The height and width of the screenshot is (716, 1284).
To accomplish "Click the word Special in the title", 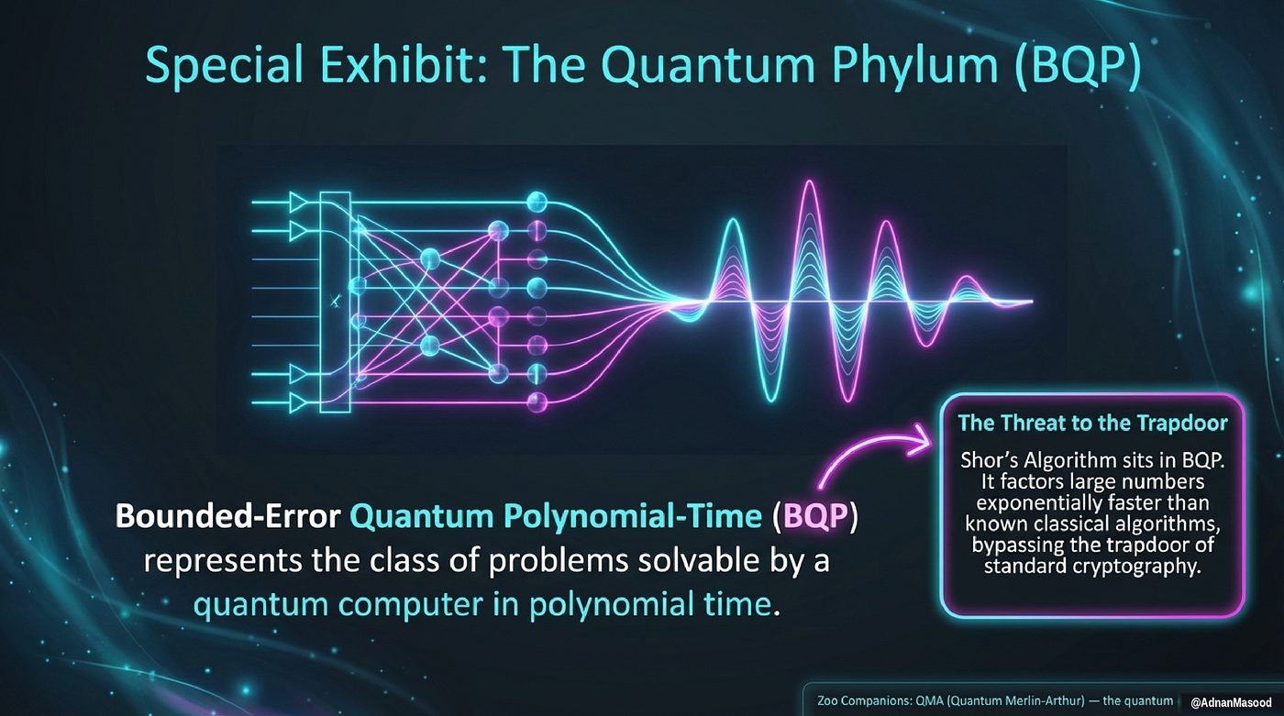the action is coord(224,65).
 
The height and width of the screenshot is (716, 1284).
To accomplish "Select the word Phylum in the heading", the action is coord(915,66).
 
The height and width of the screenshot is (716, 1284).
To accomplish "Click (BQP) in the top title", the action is coord(1077,66).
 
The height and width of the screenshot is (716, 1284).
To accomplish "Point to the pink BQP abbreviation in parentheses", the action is coord(815,516).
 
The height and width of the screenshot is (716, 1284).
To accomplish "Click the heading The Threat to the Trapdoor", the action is coord(1092,424).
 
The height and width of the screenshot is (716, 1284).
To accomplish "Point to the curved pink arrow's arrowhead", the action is coord(919,440).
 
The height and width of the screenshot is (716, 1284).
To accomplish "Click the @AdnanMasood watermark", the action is coord(1231,703).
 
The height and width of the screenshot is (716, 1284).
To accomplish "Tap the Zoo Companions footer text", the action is coord(995,701).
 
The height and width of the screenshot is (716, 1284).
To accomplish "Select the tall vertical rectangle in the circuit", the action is coord(336,302).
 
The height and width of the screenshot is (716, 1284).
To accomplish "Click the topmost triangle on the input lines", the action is coord(297,203).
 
